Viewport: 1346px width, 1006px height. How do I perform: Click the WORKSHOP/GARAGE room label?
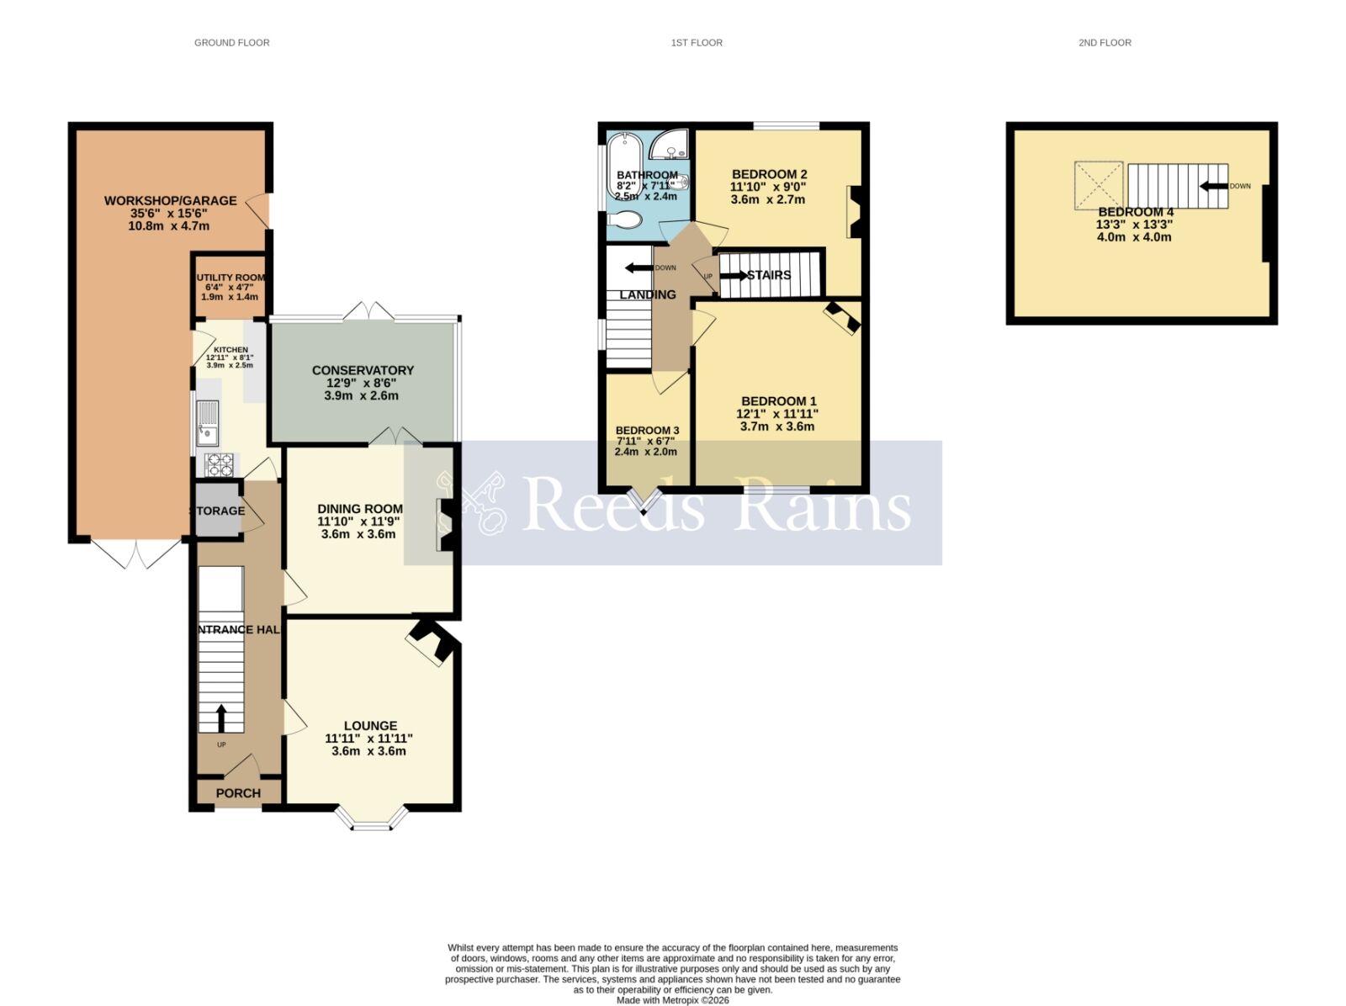pyautogui.click(x=170, y=201)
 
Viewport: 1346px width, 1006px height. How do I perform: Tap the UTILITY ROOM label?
pyautogui.click(x=231, y=278)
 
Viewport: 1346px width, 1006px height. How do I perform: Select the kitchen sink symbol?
pyautogui.click(x=206, y=423)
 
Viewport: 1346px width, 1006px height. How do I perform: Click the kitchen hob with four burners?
pyautogui.click(x=220, y=464)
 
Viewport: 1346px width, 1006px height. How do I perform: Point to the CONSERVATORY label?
pyautogui.click(x=363, y=370)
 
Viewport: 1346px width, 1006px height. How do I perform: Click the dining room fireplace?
pyautogui.click(x=446, y=526)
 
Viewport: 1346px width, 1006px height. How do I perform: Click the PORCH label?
pyautogui.click(x=238, y=793)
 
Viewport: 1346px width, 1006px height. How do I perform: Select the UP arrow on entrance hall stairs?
pyautogui.click(x=221, y=718)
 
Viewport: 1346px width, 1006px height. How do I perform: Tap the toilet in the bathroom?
pyautogui.click(x=624, y=220)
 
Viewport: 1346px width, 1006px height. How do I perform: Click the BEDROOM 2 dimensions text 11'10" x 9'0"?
pyautogui.click(x=769, y=188)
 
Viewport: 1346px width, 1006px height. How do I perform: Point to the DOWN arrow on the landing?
pyautogui.click(x=641, y=268)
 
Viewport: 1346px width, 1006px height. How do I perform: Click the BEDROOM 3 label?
pyautogui.click(x=647, y=431)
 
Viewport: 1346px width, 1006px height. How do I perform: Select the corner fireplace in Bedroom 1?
pyautogui.click(x=842, y=319)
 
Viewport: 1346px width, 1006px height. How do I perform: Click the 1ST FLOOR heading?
pyautogui.click(x=697, y=42)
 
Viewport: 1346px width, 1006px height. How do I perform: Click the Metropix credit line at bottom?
pyautogui.click(x=672, y=1000)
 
